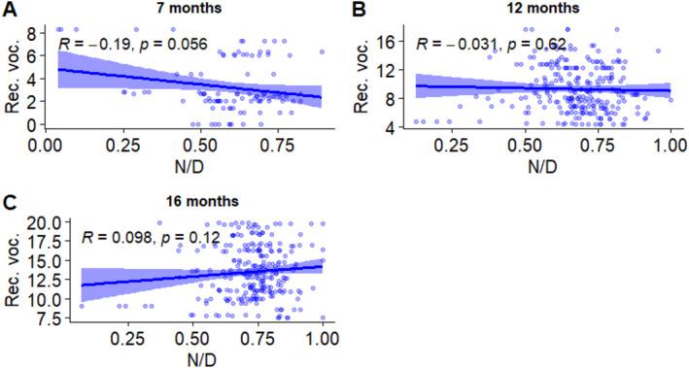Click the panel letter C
click(8, 205)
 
